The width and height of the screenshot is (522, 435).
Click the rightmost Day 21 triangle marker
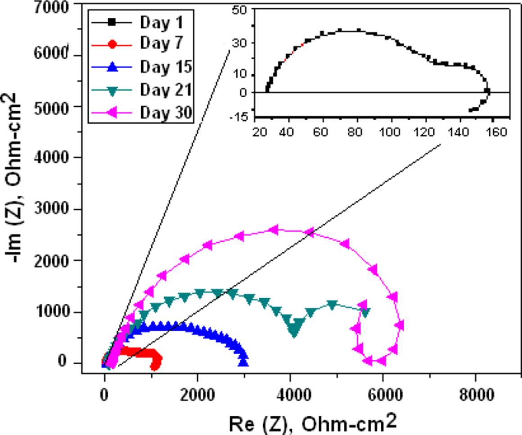tap(365, 312)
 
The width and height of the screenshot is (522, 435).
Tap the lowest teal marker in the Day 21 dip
tap(294, 332)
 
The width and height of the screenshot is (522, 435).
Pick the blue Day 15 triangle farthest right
tap(243, 362)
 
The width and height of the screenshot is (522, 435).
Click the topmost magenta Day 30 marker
tap(273, 230)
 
